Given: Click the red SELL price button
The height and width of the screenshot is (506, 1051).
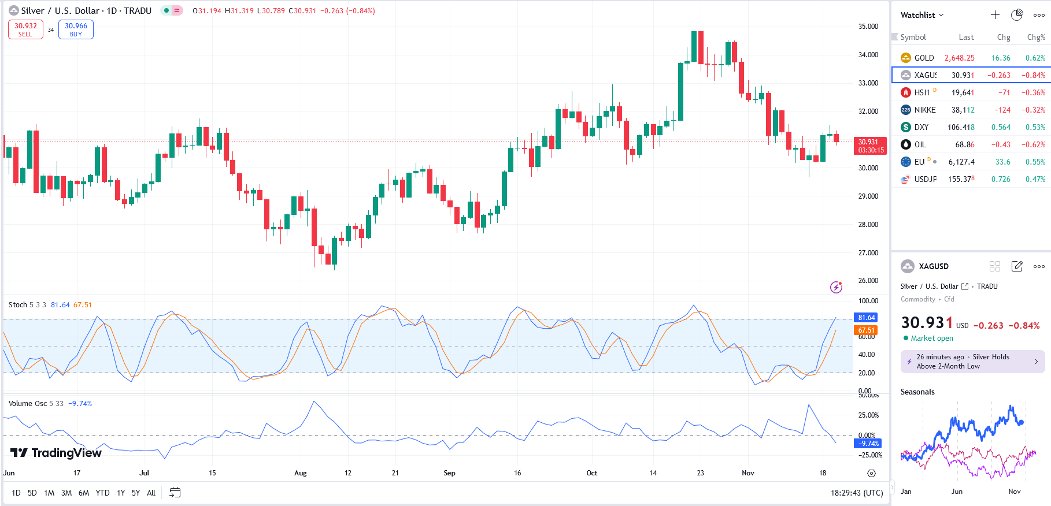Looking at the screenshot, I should click(25, 29).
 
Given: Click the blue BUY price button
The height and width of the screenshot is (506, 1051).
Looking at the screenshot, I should click(76, 29).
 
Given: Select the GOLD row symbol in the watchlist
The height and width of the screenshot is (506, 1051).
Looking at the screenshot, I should click(923, 58).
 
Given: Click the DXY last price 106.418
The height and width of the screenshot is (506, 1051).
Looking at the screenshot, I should click(961, 127).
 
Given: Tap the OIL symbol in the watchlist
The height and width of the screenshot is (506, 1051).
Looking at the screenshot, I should click(920, 144).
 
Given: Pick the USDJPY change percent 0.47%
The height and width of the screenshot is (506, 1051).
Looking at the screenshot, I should click(1035, 179).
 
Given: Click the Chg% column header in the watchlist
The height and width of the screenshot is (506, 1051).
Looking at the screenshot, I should click(1035, 37).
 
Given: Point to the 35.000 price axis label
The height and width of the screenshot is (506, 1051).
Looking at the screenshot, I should click(868, 27).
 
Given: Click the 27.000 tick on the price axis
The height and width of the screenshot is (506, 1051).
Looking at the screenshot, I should click(868, 253).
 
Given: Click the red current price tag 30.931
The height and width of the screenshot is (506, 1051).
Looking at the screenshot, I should click(869, 146).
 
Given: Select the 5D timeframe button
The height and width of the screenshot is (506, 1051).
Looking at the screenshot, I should click(32, 493).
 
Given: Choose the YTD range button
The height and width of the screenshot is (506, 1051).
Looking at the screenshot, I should click(102, 493).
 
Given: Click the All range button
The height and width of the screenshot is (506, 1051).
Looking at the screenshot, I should click(151, 493).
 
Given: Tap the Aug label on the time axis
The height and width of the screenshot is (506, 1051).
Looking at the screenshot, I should click(300, 473).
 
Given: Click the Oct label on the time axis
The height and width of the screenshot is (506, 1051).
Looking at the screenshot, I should click(591, 473).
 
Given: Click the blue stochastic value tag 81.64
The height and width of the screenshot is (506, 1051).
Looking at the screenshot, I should click(866, 318).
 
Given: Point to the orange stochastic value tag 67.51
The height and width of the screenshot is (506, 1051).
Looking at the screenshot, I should click(866, 330).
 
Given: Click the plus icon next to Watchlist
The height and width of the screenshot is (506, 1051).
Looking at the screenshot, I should click(995, 15).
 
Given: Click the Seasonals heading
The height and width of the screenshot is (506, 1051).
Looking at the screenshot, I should click(917, 392).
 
